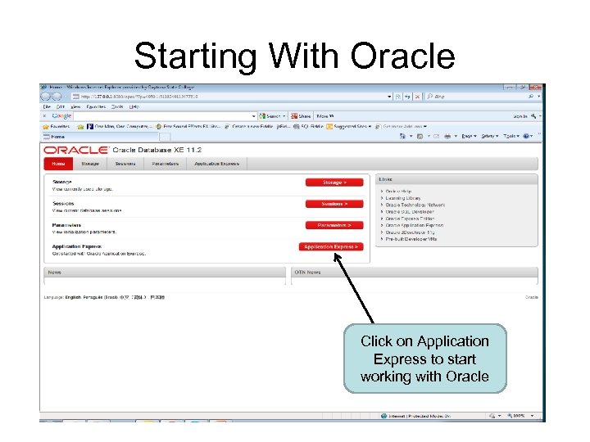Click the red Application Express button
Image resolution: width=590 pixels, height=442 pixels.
[332, 246]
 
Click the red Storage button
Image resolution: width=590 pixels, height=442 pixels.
[334, 183]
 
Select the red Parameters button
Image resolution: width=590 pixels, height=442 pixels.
[334, 225]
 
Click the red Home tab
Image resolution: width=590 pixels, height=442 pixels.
[59, 164]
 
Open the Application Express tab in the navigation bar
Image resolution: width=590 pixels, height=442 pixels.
[216, 164]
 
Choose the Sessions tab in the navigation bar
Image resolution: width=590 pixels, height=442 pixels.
[125, 164]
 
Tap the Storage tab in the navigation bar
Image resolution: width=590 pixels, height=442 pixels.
[90, 164]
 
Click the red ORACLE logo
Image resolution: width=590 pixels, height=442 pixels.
[75, 151]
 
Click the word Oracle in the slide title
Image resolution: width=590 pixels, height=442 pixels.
[402, 56]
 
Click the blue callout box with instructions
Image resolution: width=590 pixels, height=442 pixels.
[425, 359]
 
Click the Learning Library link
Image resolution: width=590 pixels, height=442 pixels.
[403, 198]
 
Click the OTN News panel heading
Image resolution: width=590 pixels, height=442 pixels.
[308, 272]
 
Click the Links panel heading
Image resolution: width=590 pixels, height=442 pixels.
[385, 178]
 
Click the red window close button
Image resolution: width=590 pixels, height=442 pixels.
[535, 86]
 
